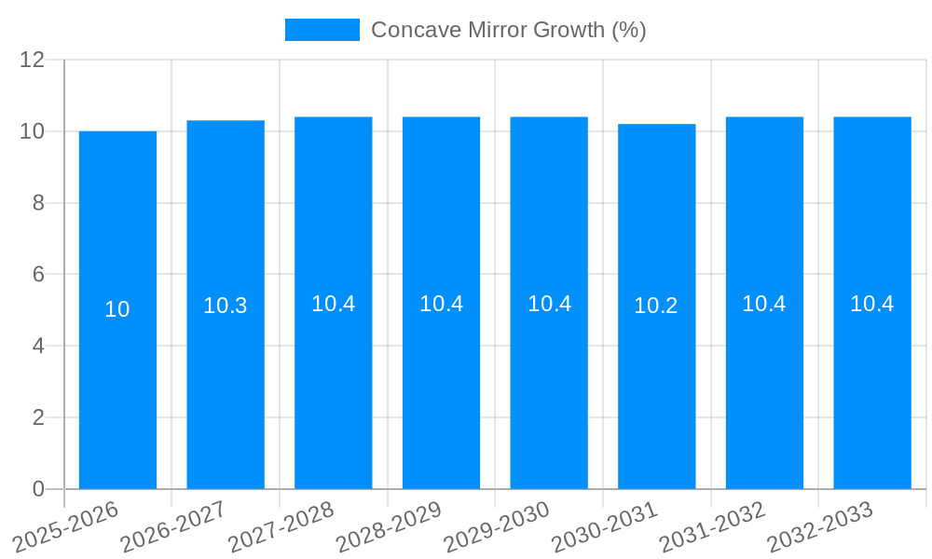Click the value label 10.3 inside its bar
225,306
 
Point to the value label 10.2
656,306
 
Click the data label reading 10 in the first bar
117,309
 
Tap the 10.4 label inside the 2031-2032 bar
763,304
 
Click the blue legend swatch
322,30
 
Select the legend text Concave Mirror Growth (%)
508,30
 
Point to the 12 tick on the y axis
33,60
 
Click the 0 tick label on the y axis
38,489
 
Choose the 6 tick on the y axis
38,275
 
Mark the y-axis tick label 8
38,203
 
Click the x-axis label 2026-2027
173,527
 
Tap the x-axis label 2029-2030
497,527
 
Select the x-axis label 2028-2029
389,527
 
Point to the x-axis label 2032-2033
820,527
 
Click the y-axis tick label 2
38,417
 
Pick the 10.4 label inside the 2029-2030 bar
549,304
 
